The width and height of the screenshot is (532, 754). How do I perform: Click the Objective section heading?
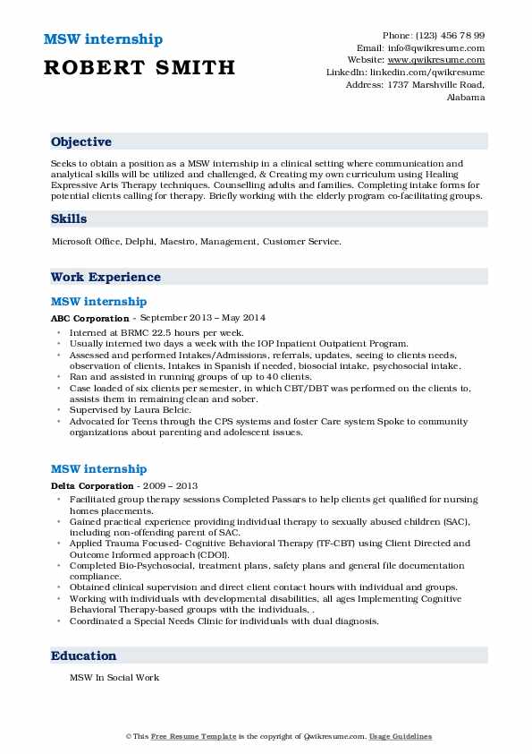[x=81, y=142]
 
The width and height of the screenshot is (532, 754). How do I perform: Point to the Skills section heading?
[x=69, y=218]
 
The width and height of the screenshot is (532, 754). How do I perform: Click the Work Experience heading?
[x=106, y=278]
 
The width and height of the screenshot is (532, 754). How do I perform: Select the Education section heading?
[x=84, y=656]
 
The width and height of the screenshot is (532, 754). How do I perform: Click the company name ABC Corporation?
[x=89, y=318]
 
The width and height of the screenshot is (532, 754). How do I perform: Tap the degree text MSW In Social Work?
[x=114, y=678]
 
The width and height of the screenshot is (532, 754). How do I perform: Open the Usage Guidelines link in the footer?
[x=400, y=736]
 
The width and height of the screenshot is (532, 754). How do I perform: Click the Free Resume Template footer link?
[x=192, y=736]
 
